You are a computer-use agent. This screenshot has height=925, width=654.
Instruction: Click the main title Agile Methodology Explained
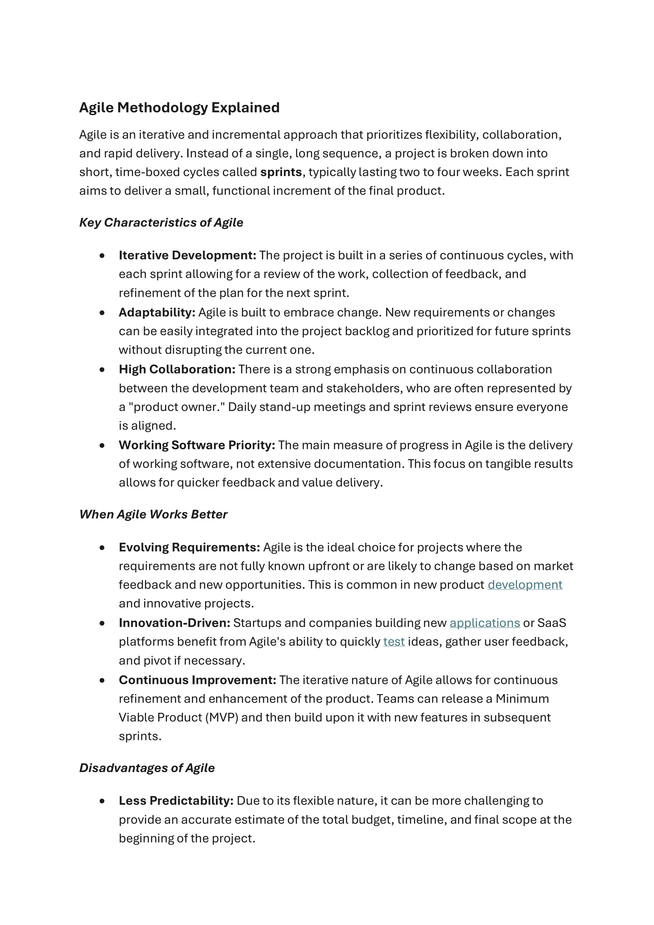tap(179, 108)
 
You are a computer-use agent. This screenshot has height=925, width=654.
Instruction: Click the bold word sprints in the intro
tap(281, 172)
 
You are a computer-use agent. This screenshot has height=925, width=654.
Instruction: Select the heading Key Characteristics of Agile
tap(161, 222)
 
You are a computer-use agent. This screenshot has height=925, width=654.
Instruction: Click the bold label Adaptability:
tap(157, 312)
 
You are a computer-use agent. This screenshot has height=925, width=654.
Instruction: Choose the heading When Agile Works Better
tap(153, 515)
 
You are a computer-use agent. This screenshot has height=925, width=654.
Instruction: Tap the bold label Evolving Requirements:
tap(189, 547)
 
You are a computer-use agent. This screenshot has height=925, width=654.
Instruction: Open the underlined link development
tap(525, 585)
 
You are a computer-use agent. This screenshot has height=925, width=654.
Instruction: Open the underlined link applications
tap(484, 623)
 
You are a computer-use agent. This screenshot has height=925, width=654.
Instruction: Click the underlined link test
tap(393, 641)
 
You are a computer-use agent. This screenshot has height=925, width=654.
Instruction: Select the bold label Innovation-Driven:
tap(174, 623)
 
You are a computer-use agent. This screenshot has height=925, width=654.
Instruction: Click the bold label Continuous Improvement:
tap(197, 680)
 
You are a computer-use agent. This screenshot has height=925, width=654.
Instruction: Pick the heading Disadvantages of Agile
tap(147, 768)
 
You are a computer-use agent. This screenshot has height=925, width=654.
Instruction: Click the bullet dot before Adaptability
tap(102, 313)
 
